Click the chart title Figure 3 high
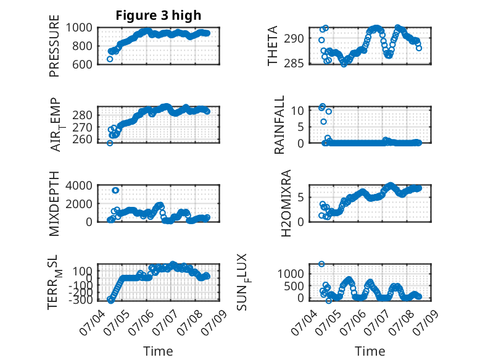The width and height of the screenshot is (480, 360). coord(159,15)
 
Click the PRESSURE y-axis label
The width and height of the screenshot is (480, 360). coord(54,46)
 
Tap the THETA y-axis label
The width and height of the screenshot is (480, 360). coord(272,46)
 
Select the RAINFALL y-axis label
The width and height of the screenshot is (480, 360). coord(279,124)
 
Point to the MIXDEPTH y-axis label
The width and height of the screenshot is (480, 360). coord(54,204)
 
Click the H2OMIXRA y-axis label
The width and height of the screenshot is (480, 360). coord(286,203)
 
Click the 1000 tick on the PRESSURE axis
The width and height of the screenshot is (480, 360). coord(79,28)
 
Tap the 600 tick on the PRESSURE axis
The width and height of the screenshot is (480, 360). coord(82,65)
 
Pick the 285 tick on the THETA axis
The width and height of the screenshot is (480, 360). coord(294,64)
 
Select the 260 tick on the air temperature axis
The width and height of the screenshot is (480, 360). coord(82,140)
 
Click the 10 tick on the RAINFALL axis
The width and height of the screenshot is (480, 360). coord(297,111)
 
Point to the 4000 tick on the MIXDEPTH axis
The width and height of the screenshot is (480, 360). coord(79,185)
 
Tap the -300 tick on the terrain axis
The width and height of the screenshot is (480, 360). coord(80,300)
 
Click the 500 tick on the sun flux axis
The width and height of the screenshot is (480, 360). coord(294,286)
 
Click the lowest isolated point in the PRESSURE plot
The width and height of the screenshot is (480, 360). coord(110,59)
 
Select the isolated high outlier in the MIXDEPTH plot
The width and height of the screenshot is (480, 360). coord(115,191)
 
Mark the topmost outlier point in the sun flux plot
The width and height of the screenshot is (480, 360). coord(321,264)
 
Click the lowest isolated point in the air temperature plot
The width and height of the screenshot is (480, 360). coord(110,143)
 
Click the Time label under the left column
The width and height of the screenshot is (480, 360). coord(158,351)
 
